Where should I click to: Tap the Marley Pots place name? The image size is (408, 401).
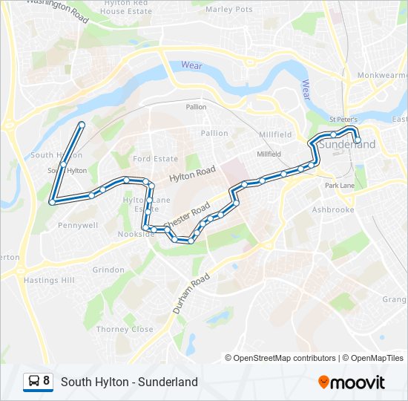pyautogui.click(x=229, y=10)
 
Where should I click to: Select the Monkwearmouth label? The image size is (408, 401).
pyautogui.click(x=382, y=76)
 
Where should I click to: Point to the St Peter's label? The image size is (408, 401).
pyautogui.click(x=343, y=120)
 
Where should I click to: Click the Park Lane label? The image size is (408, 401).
pyautogui.click(x=340, y=185)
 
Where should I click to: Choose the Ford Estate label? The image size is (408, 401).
pyautogui.click(x=156, y=159)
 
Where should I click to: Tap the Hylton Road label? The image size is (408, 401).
pyautogui.click(x=192, y=175)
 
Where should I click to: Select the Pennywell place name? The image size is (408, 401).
pyautogui.click(x=77, y=224)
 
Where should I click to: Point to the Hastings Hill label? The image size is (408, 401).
pyautogui.click(x=49, y=280)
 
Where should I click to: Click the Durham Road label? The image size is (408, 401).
pyautogui.click(x=190, y=294)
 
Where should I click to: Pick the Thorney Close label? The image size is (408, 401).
pyautogui.click(x=125, y=329)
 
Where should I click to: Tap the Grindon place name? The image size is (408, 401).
pyautogui.click(x=108, y=270)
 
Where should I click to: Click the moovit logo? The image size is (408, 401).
pyautogui.click(x=352, y=382)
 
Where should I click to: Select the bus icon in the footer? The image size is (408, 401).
pyautogui.click(x=33, y=382)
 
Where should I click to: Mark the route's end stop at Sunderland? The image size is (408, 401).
pyautogui.click(x=358, y=140)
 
